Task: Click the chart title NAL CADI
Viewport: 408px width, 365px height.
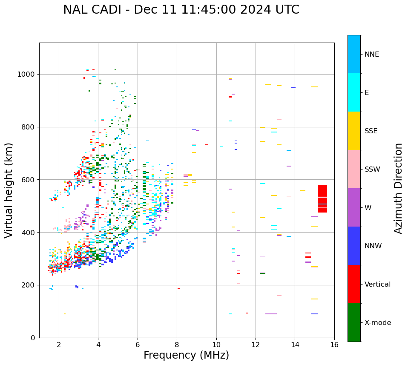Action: tap(181, 10)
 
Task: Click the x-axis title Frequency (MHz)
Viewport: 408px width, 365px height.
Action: tap(186, 355)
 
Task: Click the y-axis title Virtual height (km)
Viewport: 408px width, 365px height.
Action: tap(9, 190)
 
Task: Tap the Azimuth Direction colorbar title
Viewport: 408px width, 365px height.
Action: tap(398, 188)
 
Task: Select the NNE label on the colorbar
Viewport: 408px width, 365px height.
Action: tap(371, 55)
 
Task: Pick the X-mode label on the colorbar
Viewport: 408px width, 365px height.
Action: tap(377, 323)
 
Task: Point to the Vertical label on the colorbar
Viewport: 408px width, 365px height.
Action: tap(377, 285)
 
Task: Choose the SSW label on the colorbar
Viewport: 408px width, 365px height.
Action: tap(372, 170)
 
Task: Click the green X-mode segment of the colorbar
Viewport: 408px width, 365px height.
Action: tap(354, 322)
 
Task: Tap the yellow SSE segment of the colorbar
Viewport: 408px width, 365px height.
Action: tap(354, 131)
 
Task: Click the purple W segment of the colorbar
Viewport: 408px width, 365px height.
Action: tap(354, 207)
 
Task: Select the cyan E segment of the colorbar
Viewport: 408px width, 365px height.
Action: tap(354, 92)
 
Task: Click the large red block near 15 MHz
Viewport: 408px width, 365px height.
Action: tap(322, 198)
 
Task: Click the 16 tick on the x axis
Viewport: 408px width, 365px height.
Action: tap(334, 344)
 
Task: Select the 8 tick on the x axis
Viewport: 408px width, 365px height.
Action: tap(177, 344)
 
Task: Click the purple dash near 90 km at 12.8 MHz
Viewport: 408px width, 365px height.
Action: tap(271, 314)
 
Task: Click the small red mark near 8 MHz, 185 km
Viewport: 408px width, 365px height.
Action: tap(179, 289)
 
